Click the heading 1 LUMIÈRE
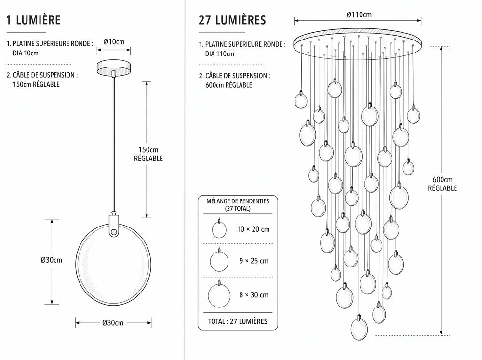[33, 20]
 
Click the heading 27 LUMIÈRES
[232, 20]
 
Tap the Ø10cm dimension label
[114, 42]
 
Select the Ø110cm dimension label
[359, 15]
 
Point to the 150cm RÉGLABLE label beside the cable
[148, 154]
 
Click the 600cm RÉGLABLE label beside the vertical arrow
[442, 184]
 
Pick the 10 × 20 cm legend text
[253, 229]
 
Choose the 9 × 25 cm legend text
[254, 261]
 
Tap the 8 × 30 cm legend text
[254, 295]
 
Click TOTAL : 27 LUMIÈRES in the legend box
[238, 321]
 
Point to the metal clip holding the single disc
[114, 225]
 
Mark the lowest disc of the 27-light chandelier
[359, 329]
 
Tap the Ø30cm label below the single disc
[113, 323]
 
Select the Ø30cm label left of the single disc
[52, 260]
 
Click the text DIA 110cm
[220, 54]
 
